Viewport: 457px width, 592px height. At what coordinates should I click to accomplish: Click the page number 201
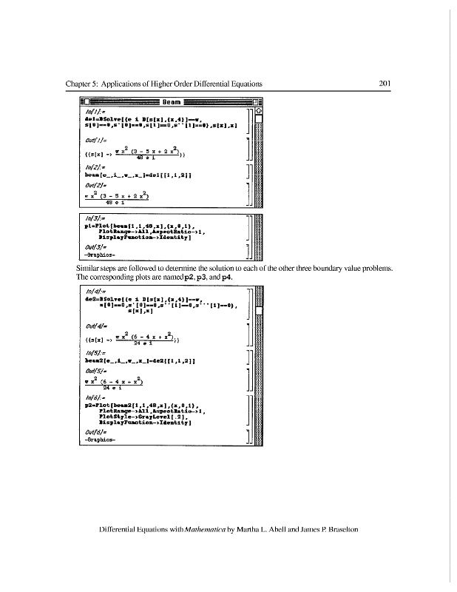(x=385, y=84)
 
